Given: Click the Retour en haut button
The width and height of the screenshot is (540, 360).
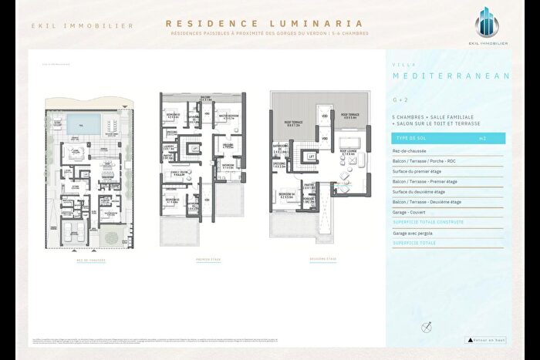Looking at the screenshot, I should tap(486, 339).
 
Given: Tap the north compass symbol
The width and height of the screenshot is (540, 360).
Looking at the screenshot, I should tap(424, 328).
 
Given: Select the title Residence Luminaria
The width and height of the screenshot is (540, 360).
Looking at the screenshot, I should tap(266, 23).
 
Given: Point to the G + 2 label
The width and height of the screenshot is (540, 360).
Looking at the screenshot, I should tap(400, 99).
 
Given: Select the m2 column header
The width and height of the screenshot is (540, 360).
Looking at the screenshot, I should tap(482, 138).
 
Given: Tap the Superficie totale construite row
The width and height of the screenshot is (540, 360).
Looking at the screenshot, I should tap(428, 222).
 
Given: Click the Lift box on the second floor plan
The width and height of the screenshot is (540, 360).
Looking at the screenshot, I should tap(311, 156).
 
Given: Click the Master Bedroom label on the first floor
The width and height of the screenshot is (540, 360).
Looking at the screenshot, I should tap(227, 116).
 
